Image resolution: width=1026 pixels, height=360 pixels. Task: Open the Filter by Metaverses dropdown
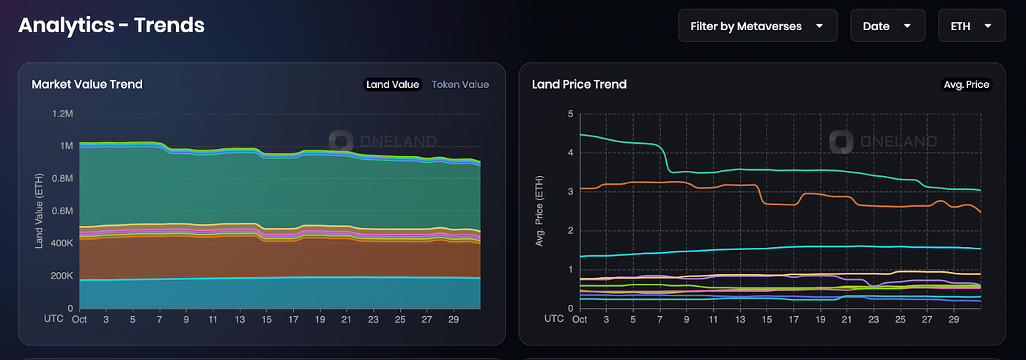click(758, 26)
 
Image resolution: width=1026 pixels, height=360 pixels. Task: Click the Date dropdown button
click(887, 26)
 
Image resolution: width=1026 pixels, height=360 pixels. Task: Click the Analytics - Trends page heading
click(111, 26)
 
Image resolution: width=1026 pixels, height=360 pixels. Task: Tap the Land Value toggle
click(393, 84)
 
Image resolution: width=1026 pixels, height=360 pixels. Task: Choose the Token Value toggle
click(460, 84)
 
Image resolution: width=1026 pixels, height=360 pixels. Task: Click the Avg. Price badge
click(966, 84)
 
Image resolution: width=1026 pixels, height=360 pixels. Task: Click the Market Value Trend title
click(87, 84)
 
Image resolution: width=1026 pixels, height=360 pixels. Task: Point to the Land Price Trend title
click(579, 84)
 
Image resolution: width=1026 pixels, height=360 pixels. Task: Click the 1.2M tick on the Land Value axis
click(61, 114)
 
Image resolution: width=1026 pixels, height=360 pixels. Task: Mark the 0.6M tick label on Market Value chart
click(61, 211)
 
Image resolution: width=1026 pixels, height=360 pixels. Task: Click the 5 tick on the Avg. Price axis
click(570, 114)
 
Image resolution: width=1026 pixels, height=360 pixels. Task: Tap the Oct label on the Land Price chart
click(579, 320)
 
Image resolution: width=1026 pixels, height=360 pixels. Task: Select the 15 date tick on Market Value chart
click(267, 320)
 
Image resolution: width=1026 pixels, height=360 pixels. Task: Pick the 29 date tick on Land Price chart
click(953, 320)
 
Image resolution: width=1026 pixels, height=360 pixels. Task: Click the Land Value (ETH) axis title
click(40, 211)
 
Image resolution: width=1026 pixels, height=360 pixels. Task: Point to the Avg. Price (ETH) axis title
click(540, 211)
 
